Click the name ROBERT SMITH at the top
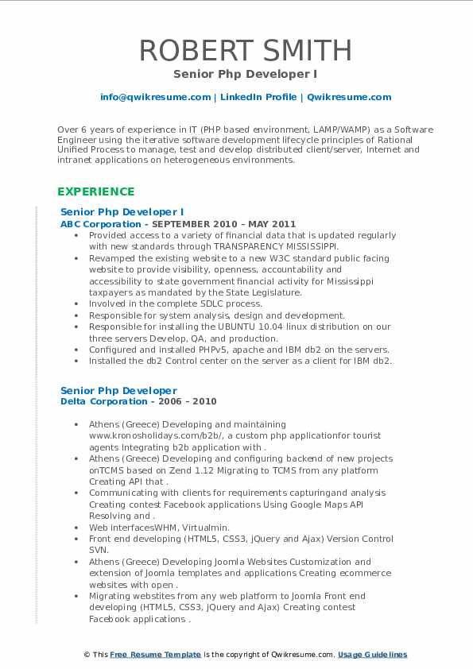tap(246, 50)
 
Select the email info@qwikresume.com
tap(155, 97)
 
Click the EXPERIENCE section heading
tap(96, 191)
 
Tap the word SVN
tap(99, 550)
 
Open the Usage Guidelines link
tap(372, 655)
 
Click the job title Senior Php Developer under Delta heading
tap(118, 390)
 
